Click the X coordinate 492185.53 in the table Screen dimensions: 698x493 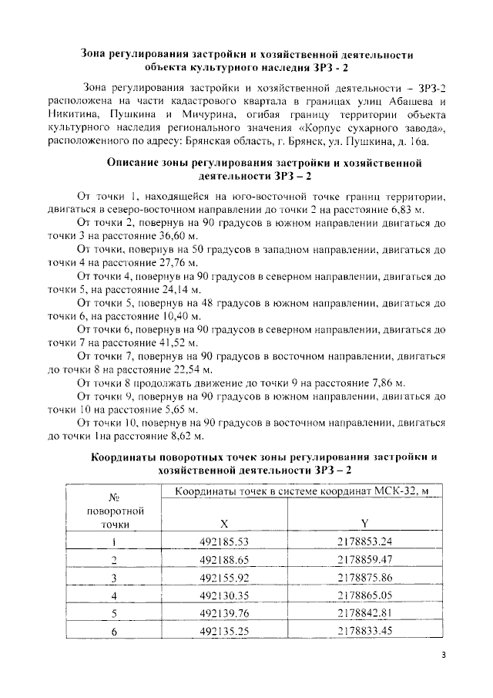point(224,541)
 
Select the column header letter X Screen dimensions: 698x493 point(224,522)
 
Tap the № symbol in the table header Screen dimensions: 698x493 point(113,497)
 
